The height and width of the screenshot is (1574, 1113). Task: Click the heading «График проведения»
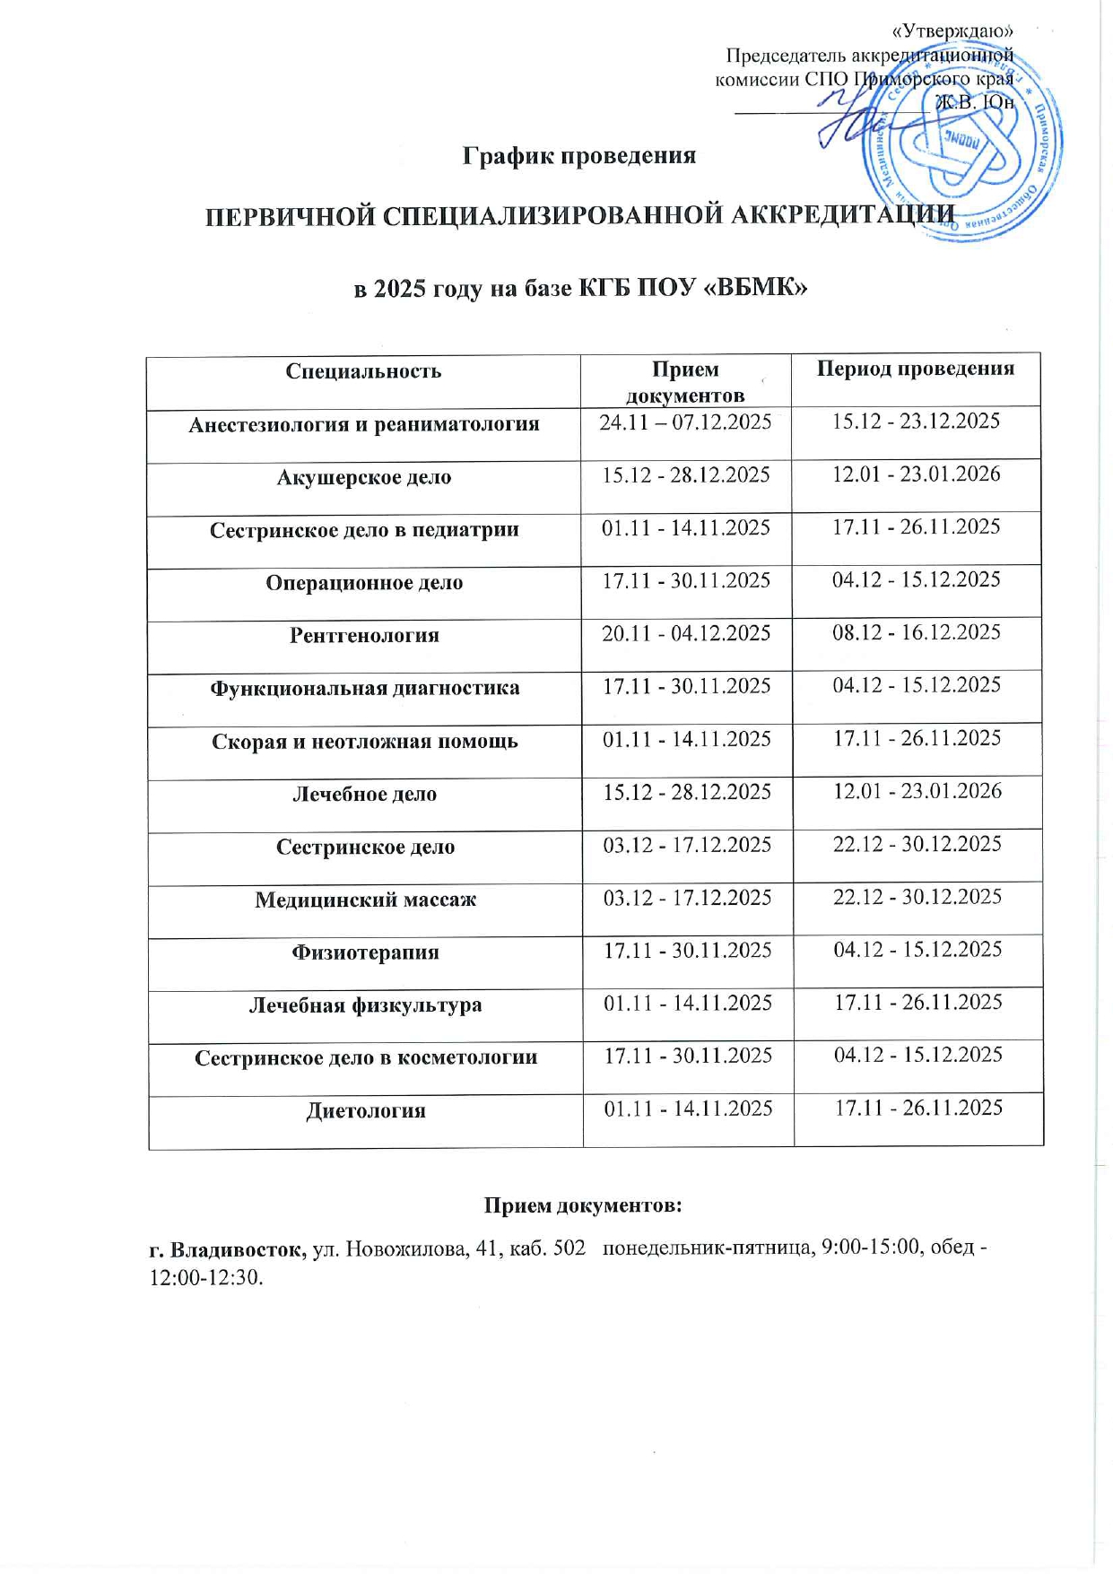coord(579,155)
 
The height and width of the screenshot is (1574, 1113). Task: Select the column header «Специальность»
coord(363,371)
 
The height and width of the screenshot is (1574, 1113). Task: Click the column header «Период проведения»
coord(915,368)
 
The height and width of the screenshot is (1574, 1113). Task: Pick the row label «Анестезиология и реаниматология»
coord(363,424)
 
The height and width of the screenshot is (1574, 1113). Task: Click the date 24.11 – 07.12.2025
coord(685,422)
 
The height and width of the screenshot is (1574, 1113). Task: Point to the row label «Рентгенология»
coord(364,636)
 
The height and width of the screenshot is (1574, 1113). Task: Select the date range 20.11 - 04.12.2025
coord(686,633)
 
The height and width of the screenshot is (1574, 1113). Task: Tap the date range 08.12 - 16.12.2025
coord(917,632)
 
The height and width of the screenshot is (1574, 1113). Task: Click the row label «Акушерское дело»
coord(363,477)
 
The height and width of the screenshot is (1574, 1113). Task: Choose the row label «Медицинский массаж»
coord(365,900)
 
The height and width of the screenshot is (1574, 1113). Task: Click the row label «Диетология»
coord(366,1111)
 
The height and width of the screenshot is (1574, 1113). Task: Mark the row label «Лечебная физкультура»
coord(365,1005)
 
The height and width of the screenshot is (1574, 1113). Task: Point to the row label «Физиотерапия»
coord(365,952)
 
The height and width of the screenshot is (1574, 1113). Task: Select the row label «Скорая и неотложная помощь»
coord(365,742)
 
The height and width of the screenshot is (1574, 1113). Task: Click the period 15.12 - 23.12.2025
coord(916,422)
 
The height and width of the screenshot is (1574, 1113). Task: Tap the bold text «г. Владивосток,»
coord(228,1249)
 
